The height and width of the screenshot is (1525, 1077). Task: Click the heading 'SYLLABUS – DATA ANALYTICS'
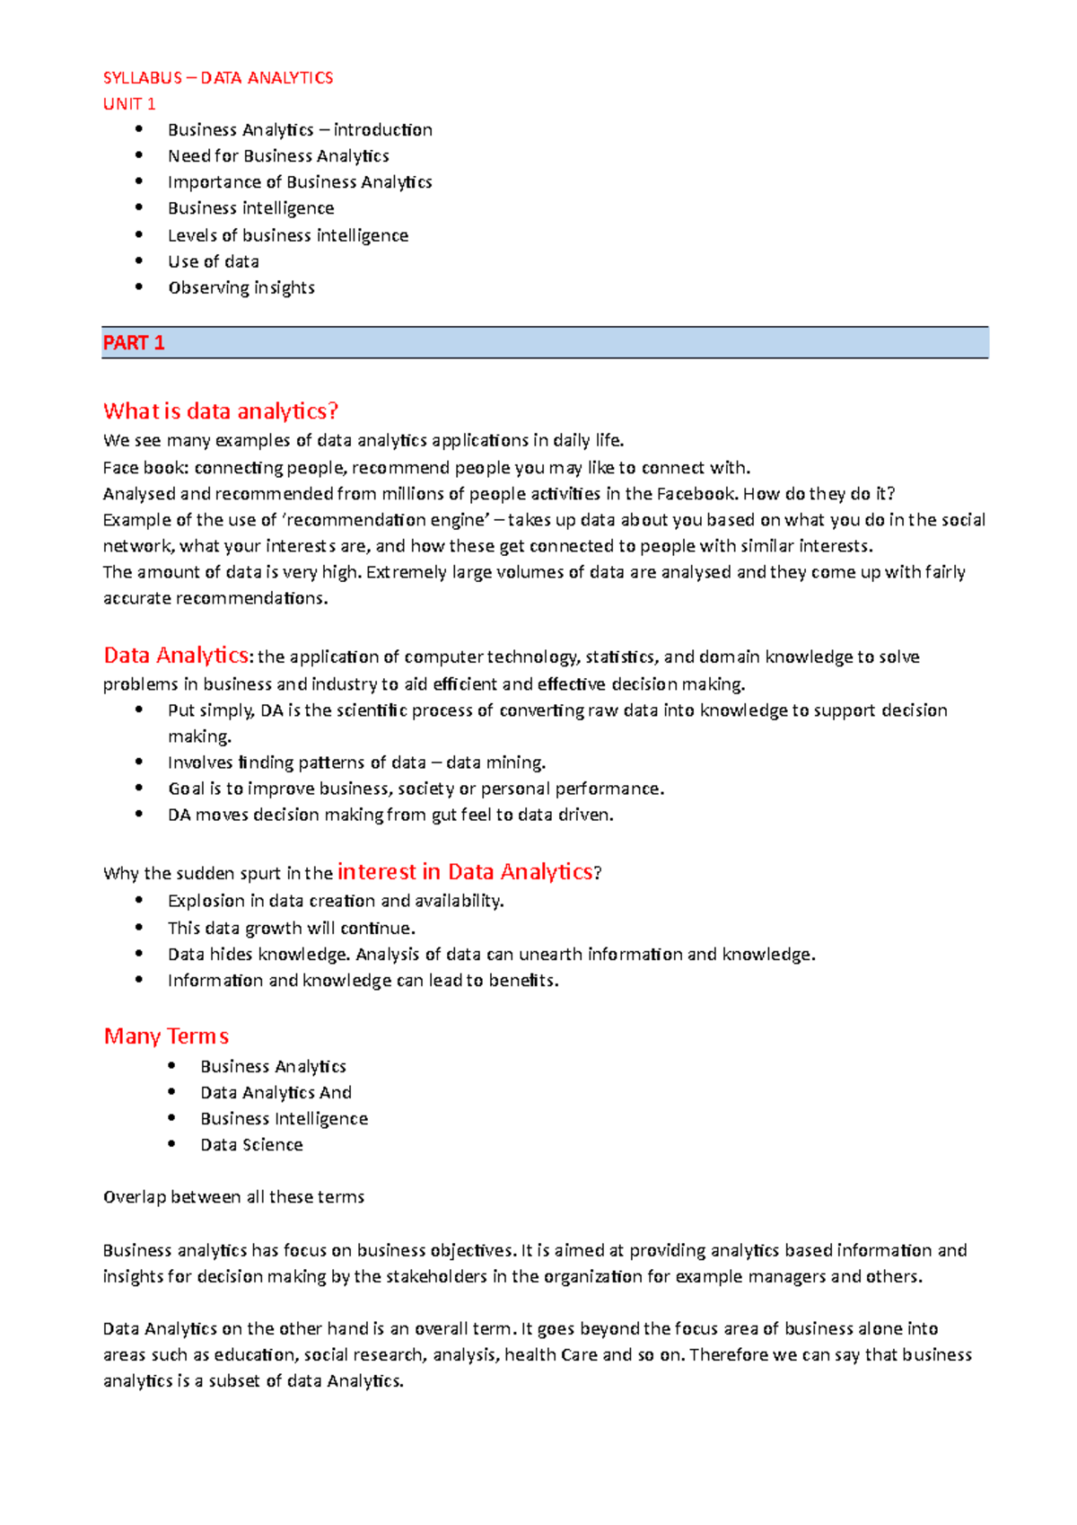(x=218, y=78)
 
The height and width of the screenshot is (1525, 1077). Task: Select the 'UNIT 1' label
(x=129, y=104)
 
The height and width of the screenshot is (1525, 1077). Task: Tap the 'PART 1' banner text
(x=134, y=343)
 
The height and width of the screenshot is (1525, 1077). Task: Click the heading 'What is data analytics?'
(x=221, y=411)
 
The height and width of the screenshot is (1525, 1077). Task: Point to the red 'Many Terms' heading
(x=166, y=1036)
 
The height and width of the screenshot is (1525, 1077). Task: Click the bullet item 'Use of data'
(x=214, y=262)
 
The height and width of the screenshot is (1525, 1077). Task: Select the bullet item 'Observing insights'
(x=241, y=288)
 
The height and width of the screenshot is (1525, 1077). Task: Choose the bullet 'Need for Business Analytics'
(x=278, y=156)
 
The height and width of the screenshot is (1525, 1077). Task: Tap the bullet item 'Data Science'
(x=251, y=1145)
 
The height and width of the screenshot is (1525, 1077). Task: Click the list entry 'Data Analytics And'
(x=276, y=1093)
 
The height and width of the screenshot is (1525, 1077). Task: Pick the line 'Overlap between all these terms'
(x=233, y=1197)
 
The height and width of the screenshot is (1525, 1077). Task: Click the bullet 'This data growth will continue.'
(x=292, y=928)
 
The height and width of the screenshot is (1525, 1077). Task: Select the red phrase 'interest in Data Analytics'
(x=465, y=872)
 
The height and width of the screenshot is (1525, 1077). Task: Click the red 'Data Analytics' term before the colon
(x=176, y=656)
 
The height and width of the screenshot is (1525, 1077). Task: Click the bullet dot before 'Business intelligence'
(x=139, y=207)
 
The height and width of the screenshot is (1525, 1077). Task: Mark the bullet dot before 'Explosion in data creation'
(x=139, y=900)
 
